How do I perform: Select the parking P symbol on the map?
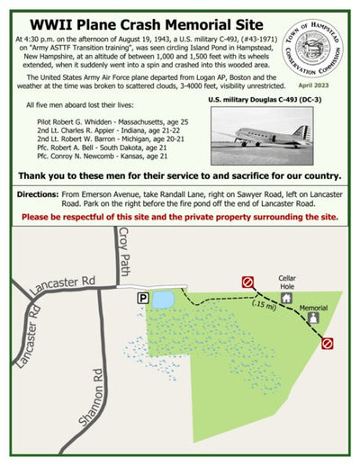142,297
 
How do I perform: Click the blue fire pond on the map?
164,300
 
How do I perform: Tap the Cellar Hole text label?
286,281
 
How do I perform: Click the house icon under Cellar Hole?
286,298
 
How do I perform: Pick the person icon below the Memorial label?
312,317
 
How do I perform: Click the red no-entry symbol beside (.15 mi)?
247,282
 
